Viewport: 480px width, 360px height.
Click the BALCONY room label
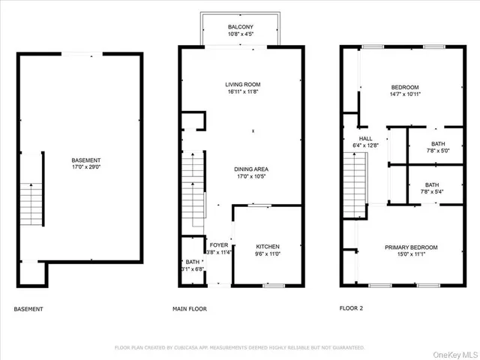coord(241,26)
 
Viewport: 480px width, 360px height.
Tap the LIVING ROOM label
coord(242,84)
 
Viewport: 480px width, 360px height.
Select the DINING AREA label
coord(251,169)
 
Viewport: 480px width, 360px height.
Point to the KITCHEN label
coord(268,246)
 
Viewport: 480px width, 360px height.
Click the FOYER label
coord(218,245)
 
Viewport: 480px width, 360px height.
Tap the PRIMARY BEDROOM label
coord(411,247)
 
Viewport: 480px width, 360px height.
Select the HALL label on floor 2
coord(366,139)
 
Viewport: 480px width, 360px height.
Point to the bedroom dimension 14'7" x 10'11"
coord(404,94)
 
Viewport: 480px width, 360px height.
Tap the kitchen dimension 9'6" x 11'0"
coord(268,254)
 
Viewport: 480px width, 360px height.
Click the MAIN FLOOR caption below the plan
coord(190,309)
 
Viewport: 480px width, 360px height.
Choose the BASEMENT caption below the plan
coord(28,309)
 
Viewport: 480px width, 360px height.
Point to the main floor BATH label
coord(193,262)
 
